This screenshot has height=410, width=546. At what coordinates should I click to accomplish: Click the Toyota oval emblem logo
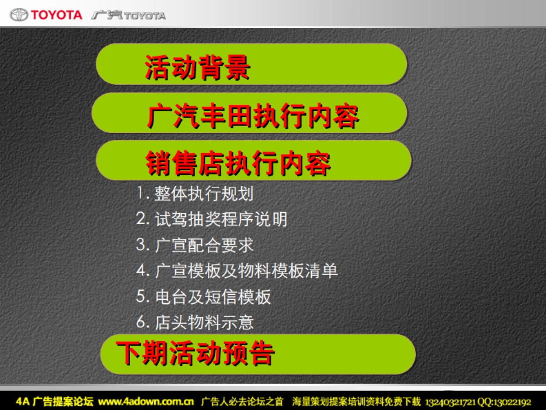click(x=19, y=15)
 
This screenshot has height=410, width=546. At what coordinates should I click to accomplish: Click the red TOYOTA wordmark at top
click(x=56, y=15)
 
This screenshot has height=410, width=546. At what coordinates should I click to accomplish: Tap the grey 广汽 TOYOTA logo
click(x=128, y=15)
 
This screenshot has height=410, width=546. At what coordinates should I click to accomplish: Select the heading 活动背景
click(x=197, y=68)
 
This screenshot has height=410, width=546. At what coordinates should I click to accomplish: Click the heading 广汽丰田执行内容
click(x=253, y=116)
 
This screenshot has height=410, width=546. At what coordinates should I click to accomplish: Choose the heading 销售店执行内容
click(x=238, y=163)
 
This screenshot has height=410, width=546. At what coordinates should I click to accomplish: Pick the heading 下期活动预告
click(x=195, y=353)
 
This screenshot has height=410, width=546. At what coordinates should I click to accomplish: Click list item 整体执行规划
click(x=204, y=194)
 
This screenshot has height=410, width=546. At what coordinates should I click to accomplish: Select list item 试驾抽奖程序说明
click(x=221, y=219)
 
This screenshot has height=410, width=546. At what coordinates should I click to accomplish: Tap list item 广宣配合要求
click(x=204, y=245)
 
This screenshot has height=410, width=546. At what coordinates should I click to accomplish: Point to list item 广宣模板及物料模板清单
click(x=246, y=271)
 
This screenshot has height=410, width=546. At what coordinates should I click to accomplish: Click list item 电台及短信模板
click(x=213, y=297)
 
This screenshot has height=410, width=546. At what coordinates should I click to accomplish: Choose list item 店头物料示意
click(x=204, y=323)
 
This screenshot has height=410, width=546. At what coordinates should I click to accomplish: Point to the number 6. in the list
click(x=143, y=322)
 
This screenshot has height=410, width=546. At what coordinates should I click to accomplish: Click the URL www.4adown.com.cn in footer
click(x=146, y=401)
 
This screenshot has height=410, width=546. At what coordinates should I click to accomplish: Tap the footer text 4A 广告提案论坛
click(x=55, y=401)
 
